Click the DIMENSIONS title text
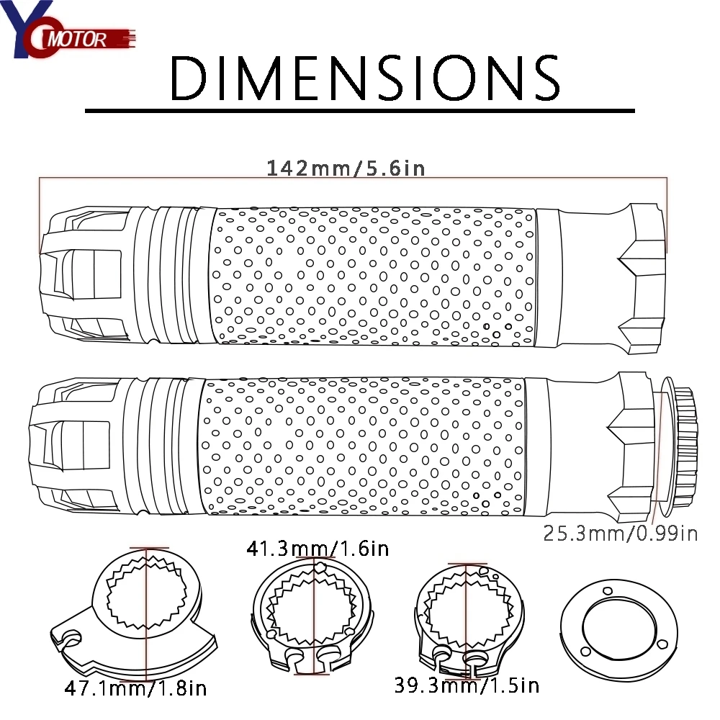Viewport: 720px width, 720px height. [365, 78]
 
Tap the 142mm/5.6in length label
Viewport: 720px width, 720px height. [346, 168]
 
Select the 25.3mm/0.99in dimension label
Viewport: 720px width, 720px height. [621, 534]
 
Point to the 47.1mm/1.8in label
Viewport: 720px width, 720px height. [136, 688]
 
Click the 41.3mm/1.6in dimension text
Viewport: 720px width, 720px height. [318, 548]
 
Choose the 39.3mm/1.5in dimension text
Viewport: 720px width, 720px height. [467, 685]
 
